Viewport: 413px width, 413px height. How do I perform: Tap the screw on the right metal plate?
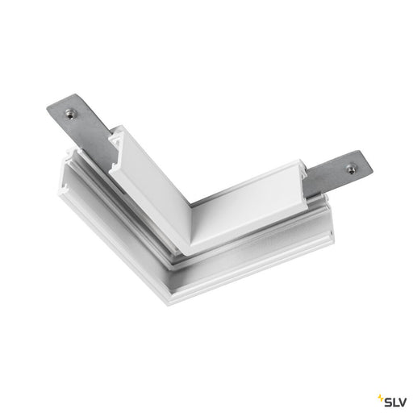350,169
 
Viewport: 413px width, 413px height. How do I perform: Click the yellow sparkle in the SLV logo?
381,398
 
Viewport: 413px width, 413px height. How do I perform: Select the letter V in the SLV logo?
402,403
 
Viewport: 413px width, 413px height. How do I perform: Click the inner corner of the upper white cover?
190,205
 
